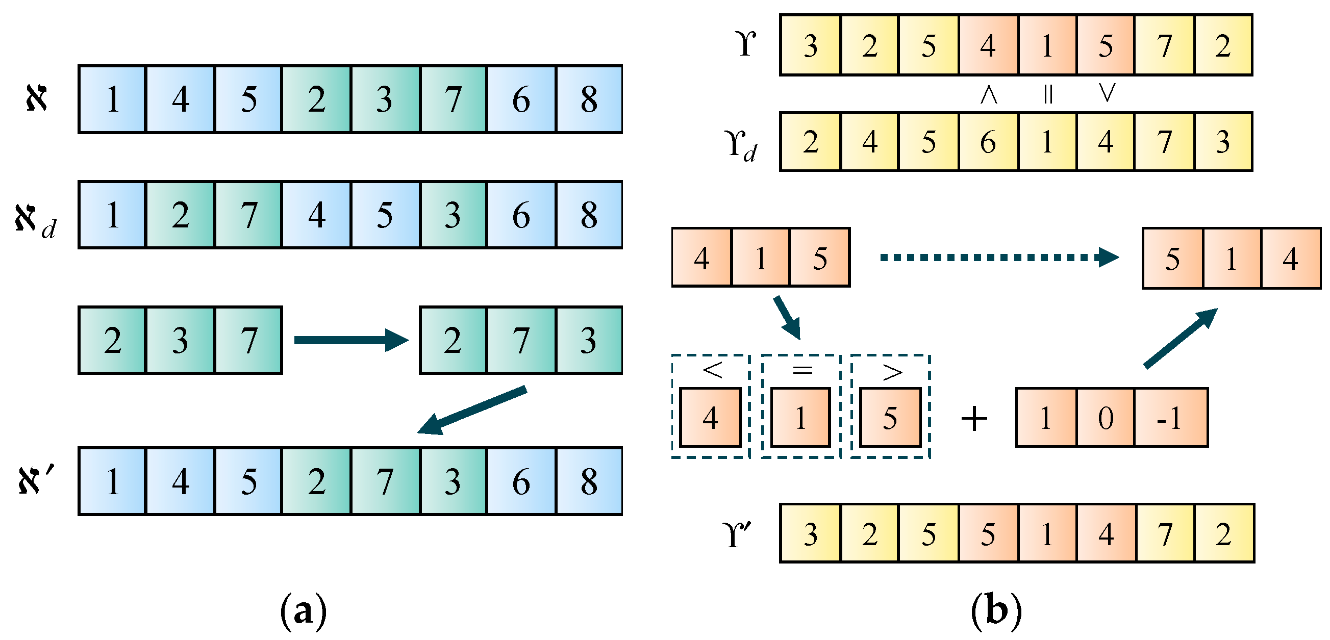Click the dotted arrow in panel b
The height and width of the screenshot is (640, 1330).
[x=999, y=257]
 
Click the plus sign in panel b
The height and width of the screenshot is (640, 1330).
[x=974, y=418]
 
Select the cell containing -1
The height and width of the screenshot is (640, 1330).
[x=1170, y=418]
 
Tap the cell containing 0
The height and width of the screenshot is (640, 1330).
[x=1105, y=418]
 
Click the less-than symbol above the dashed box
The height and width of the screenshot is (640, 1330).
[x=712, y=370]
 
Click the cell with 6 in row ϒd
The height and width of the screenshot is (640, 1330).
[x=988, y=141]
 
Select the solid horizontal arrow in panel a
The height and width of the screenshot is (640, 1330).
[x=351, y=340]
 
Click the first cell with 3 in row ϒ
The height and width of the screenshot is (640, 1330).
[x=810, y=45]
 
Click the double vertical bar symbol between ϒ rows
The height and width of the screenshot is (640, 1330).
[x=1047, y=94]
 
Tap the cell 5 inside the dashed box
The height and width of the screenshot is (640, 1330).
[x=890, y=418]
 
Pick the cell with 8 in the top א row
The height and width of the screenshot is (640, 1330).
[x=589, y=99]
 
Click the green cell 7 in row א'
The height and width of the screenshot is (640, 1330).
[x=385, y=481]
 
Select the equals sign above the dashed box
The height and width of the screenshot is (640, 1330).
[x=802, y=370]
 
